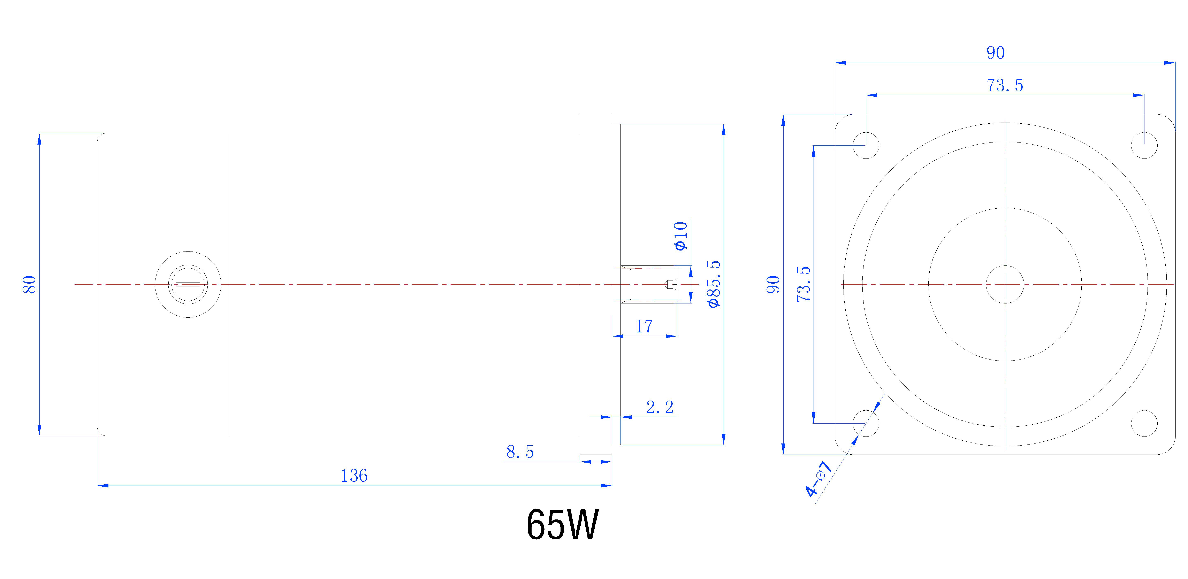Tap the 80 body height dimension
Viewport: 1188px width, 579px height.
coord(30,284)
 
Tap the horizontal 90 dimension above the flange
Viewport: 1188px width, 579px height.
coord(995,53)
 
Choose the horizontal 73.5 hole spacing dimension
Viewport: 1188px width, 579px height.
coord(1004,85)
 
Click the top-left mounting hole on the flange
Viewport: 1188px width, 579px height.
coord(866,145)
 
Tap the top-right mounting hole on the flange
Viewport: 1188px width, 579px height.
coord(1144,145)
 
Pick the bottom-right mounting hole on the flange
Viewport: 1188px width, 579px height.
coord(1144,423)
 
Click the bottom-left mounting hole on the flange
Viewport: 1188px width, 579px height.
coord(866,423)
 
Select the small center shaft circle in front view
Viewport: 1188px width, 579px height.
coord(1005,284)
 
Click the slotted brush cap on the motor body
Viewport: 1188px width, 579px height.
coord(188,284)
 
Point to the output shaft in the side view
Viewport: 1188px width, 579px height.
coord(648,284)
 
